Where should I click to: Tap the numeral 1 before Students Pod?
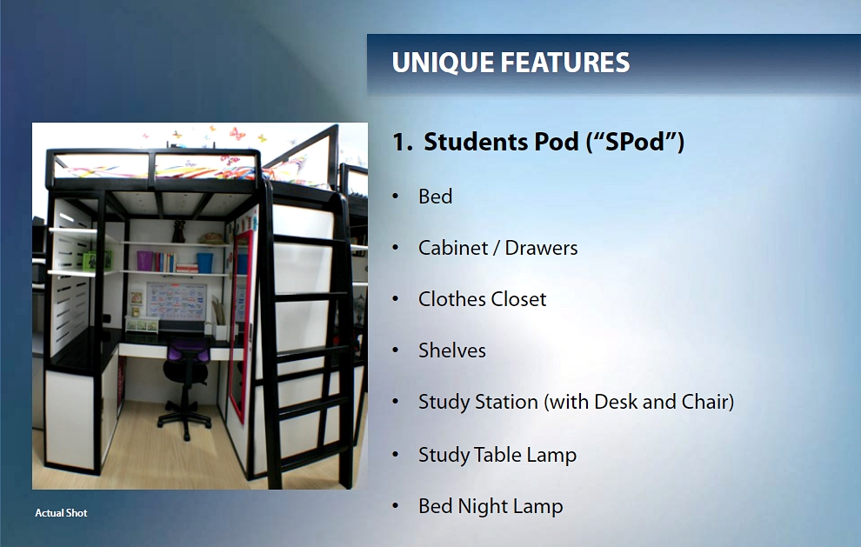coord(399,143)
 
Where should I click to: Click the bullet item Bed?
coord(435,197)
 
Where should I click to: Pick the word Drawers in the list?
coord(541,248)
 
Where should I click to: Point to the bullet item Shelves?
coord(451,350)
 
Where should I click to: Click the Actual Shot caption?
coord(61,513)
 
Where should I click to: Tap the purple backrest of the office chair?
coord(188,352)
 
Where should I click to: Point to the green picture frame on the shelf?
coord(90,260)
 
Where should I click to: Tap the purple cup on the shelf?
coord(144,260)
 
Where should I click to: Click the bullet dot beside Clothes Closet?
coord(397,299)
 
